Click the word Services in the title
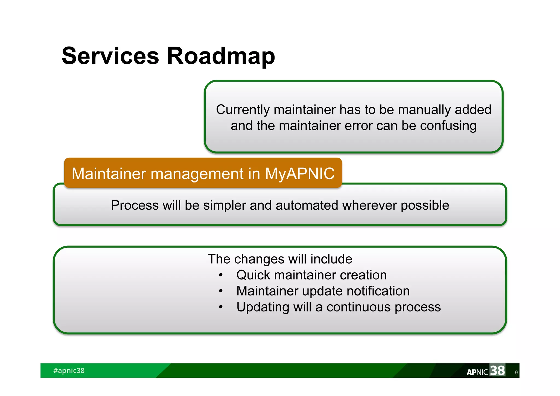click(x=110, y=56)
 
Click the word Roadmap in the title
click(x=221, y=56)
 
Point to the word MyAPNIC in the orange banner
click(x=299, y=174)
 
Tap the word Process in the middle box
click(x=135, y=205)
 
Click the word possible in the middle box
click(x=425, y=205)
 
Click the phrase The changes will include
click(x=280, y=259)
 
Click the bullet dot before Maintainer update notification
click(x=221, y=291)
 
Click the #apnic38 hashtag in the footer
click(x=69, y=371)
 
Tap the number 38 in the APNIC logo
click(x=497, y=371)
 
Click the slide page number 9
click(x=516, y=372)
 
